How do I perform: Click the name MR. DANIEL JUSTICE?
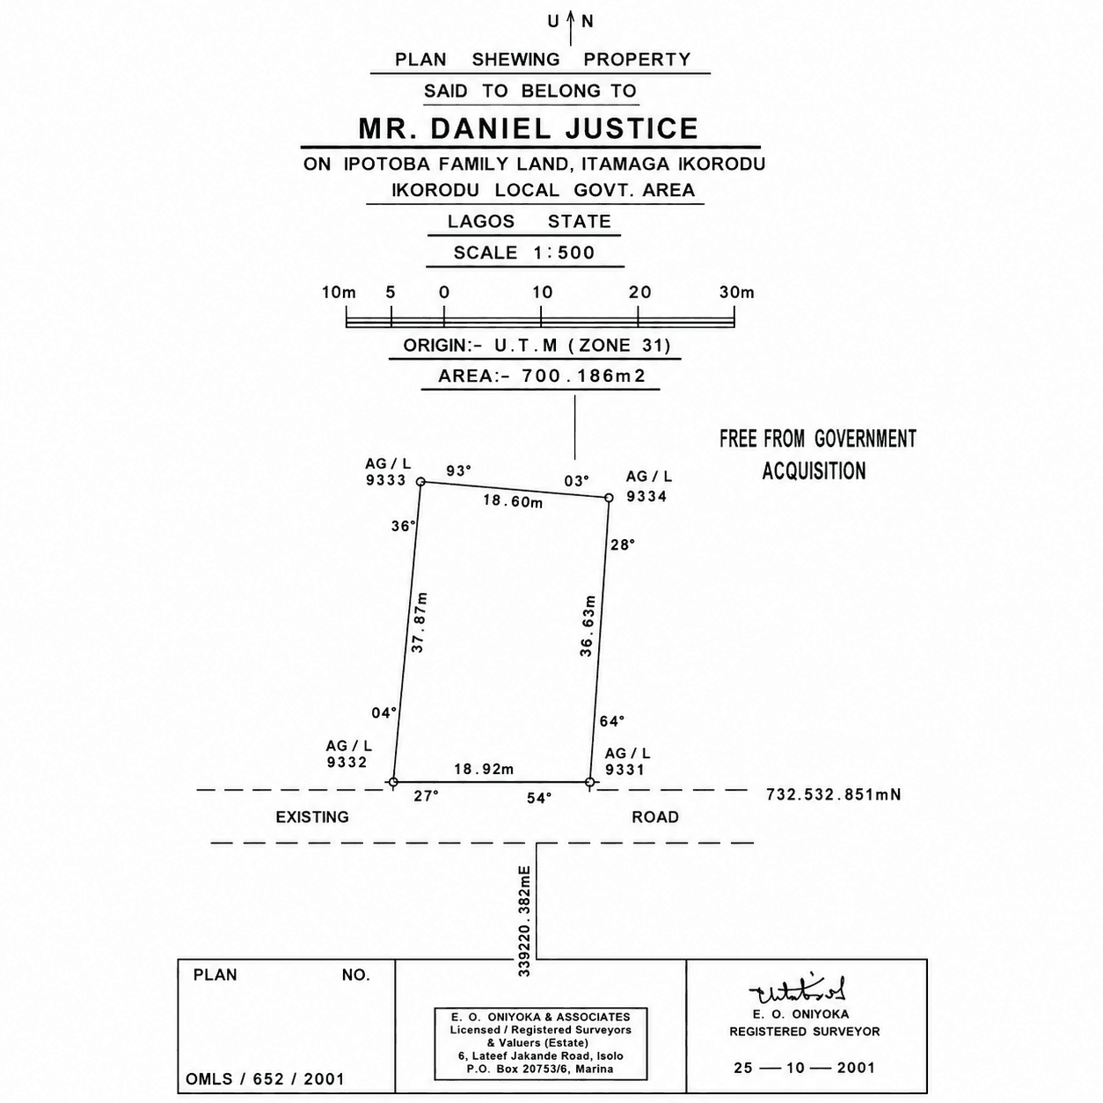[529, 128]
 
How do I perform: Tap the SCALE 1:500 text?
[524, 252]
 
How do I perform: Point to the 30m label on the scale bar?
[737, 293]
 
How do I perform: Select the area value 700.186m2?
[583, 376]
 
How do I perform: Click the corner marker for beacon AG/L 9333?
[420, 482]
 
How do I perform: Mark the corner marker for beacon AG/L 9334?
[609, 498]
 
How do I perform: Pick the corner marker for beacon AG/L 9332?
[392, 782]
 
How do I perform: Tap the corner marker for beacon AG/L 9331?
[589, 782]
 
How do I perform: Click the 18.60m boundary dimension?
[513, 500]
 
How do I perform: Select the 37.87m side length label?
[419, 622]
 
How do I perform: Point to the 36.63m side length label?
[588, 625]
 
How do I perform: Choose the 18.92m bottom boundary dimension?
[484, 769]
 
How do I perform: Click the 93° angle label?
[458, 471]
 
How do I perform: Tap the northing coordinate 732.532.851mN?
[833, 794]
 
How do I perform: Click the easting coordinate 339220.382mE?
[524, 921]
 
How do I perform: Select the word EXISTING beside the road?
[312, 817]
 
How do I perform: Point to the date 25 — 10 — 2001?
[804, 1068]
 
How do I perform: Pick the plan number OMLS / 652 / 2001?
[265, 1079]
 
